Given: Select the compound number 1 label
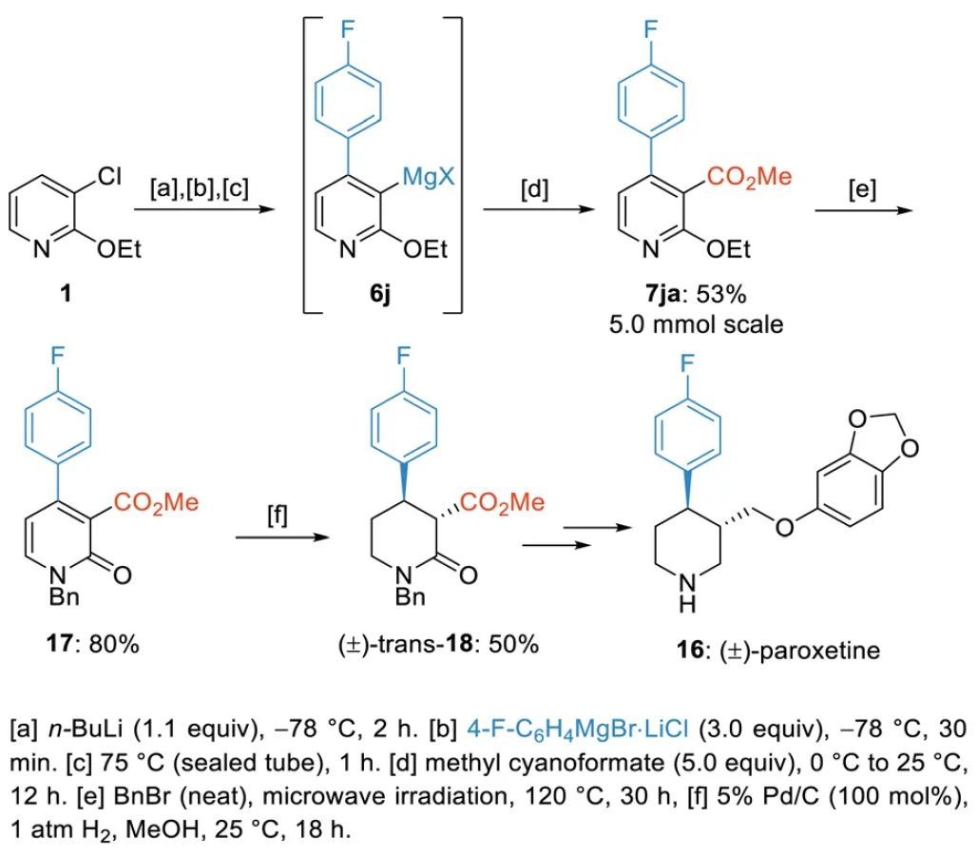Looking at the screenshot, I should [x=66, y=294].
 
